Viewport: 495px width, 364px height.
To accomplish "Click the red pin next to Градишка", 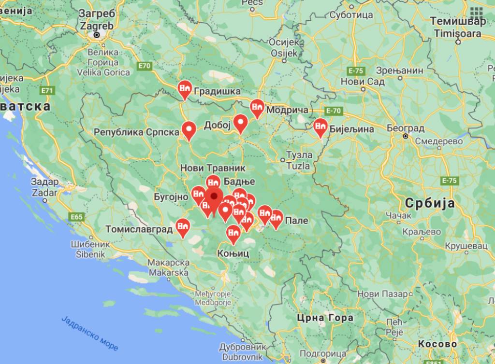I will pos(184,89).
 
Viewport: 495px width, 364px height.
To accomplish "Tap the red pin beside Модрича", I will pos(257,107).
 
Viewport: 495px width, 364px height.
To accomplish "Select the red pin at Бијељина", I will pos(320,126).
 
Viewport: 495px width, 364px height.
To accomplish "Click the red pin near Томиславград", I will pos(182,226).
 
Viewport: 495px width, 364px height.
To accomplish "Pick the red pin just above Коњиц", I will pos(233,234).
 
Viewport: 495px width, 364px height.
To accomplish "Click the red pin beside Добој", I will pos(241,123).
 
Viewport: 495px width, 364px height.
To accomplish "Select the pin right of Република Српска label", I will pos(189,129).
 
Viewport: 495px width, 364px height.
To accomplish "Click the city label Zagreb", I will pos(97,25).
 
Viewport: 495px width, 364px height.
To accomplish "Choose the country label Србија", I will pos(430,203).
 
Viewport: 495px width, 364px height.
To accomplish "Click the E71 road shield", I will pos(47,90).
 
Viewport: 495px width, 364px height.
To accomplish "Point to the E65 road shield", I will pos(76,217).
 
